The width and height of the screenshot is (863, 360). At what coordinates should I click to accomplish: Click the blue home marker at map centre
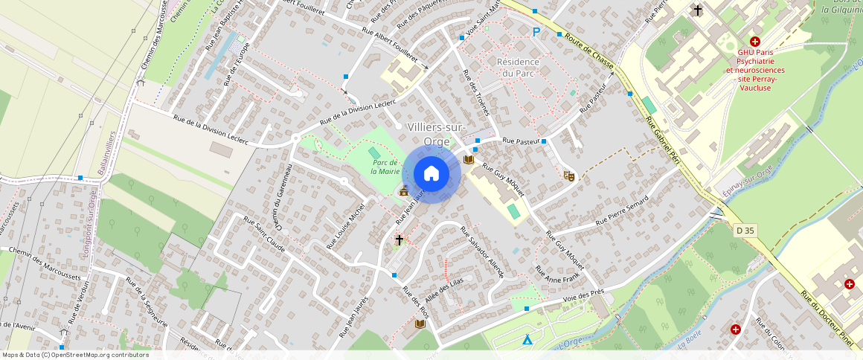(x=431, y=174)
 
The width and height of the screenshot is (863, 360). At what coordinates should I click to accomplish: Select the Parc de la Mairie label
(x=386, y=167)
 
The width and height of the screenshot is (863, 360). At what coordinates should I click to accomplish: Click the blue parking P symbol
(x=536, y=32)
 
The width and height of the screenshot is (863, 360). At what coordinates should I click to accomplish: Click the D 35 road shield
(x=745, y=231)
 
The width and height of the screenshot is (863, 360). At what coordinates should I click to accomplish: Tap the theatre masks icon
(x=569, y=176)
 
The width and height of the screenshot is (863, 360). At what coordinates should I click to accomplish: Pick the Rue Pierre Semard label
(x=622, y=214)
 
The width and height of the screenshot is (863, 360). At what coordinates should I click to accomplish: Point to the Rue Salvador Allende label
(x=482, y=252)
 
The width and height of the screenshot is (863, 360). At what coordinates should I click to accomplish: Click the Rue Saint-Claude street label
(x=266, y=234)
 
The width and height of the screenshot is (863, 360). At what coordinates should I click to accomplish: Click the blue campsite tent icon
(x=527, y=340)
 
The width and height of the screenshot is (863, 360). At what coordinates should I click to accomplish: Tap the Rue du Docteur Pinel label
(x=826, y=318)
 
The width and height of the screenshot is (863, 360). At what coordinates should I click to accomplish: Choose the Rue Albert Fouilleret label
(x=390, y=46)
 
